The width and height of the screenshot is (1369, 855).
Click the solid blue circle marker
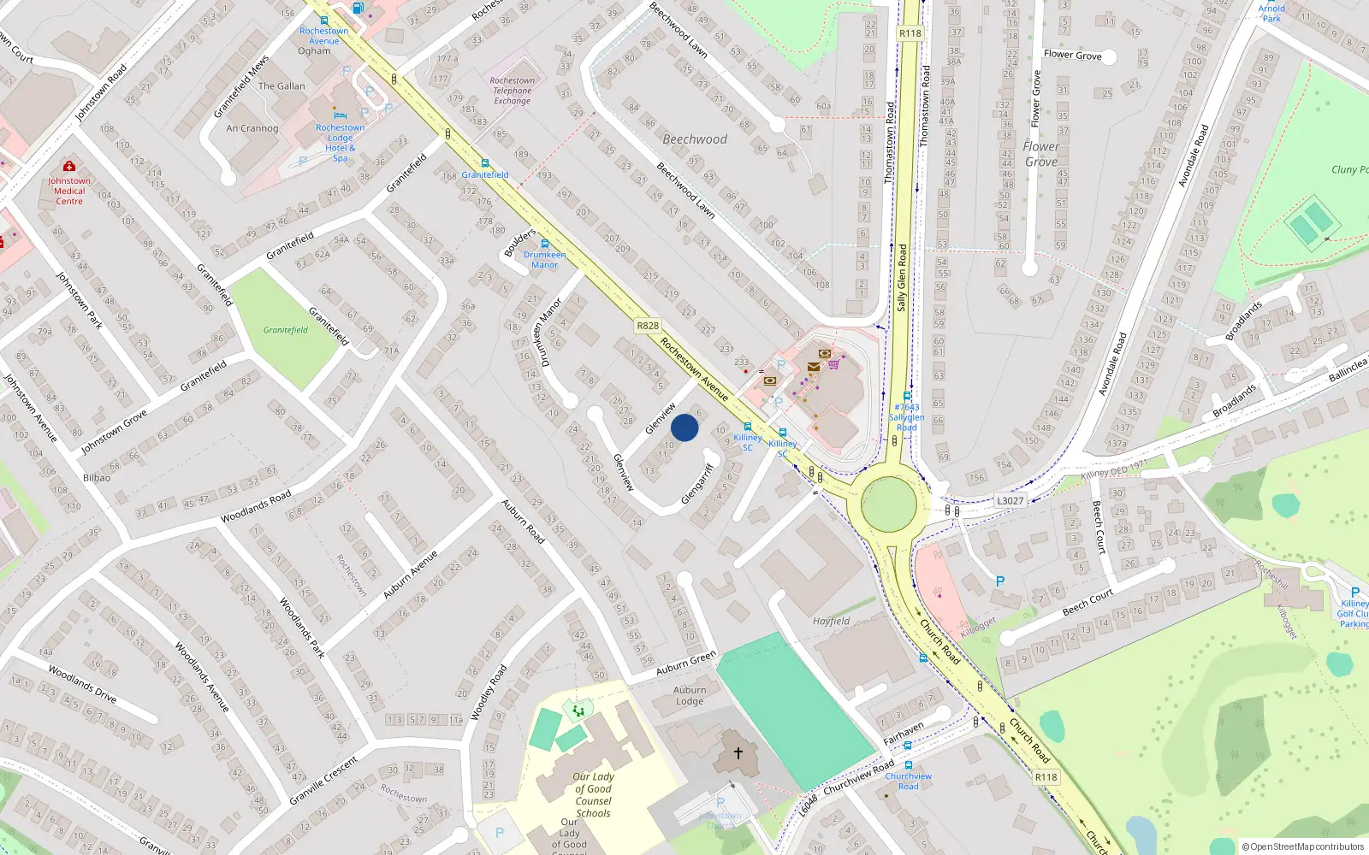pos(684,427)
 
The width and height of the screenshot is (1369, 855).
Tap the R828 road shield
pos(648,326)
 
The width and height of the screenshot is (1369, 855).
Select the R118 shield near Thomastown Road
pos(910,33)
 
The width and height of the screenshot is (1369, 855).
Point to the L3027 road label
pos(1010,501)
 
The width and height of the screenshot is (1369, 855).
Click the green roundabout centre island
pos(889,504)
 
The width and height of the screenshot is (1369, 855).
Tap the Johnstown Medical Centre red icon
pos(69,166)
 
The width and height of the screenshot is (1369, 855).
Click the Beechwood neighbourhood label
pos(695,139)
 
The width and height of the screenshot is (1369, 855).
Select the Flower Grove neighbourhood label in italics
pos(1040,154)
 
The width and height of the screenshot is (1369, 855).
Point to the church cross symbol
pos(738,753)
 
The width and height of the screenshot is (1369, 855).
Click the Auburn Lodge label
pos(690,696)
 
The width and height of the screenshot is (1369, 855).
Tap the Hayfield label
pos(831,622)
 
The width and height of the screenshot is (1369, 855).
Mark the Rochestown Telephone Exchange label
pos(513,91)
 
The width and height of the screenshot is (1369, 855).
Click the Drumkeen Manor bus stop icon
pos(544,245)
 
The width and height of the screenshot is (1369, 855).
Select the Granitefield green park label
pos(285,330)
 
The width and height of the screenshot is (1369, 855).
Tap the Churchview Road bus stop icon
pos(908,766)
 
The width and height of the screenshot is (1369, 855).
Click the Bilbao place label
pos(97,478)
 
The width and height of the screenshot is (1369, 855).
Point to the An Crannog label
pos(252,128)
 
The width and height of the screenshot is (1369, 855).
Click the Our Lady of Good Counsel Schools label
pos(593,795)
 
